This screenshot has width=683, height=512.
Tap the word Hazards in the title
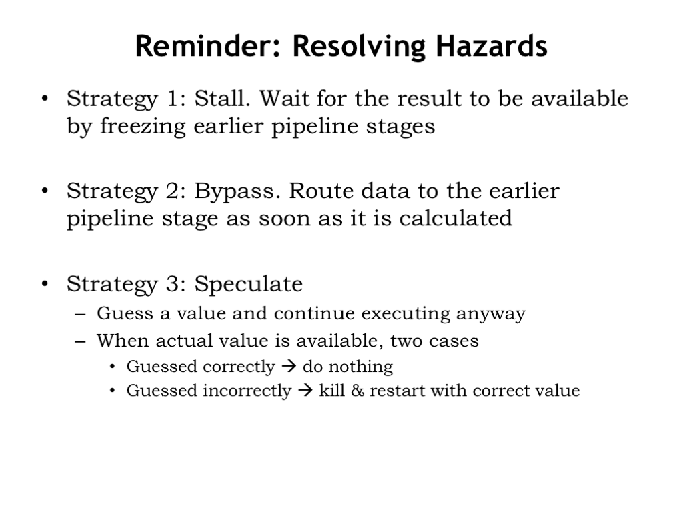click(x=492, y=46)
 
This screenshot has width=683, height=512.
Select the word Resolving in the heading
click(x=359, y=47)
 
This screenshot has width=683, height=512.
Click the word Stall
click(x=222, y=99)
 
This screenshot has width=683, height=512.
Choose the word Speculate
click(x=248, y=285)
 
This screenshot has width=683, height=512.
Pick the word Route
click(x=321, y=191)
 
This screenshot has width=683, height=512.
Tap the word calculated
click(x=456, y=218)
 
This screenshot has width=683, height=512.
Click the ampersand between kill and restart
click(x=358, y=391)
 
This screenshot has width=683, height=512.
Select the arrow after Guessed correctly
click(x=289, y=366)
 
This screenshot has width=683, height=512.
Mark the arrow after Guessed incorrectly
click(x=305, y=390)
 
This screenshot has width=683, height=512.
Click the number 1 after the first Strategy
click(x=173, y=99)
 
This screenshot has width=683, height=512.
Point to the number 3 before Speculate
click(x=173, y=284)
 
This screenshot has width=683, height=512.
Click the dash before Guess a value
click(x=80, y=313)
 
